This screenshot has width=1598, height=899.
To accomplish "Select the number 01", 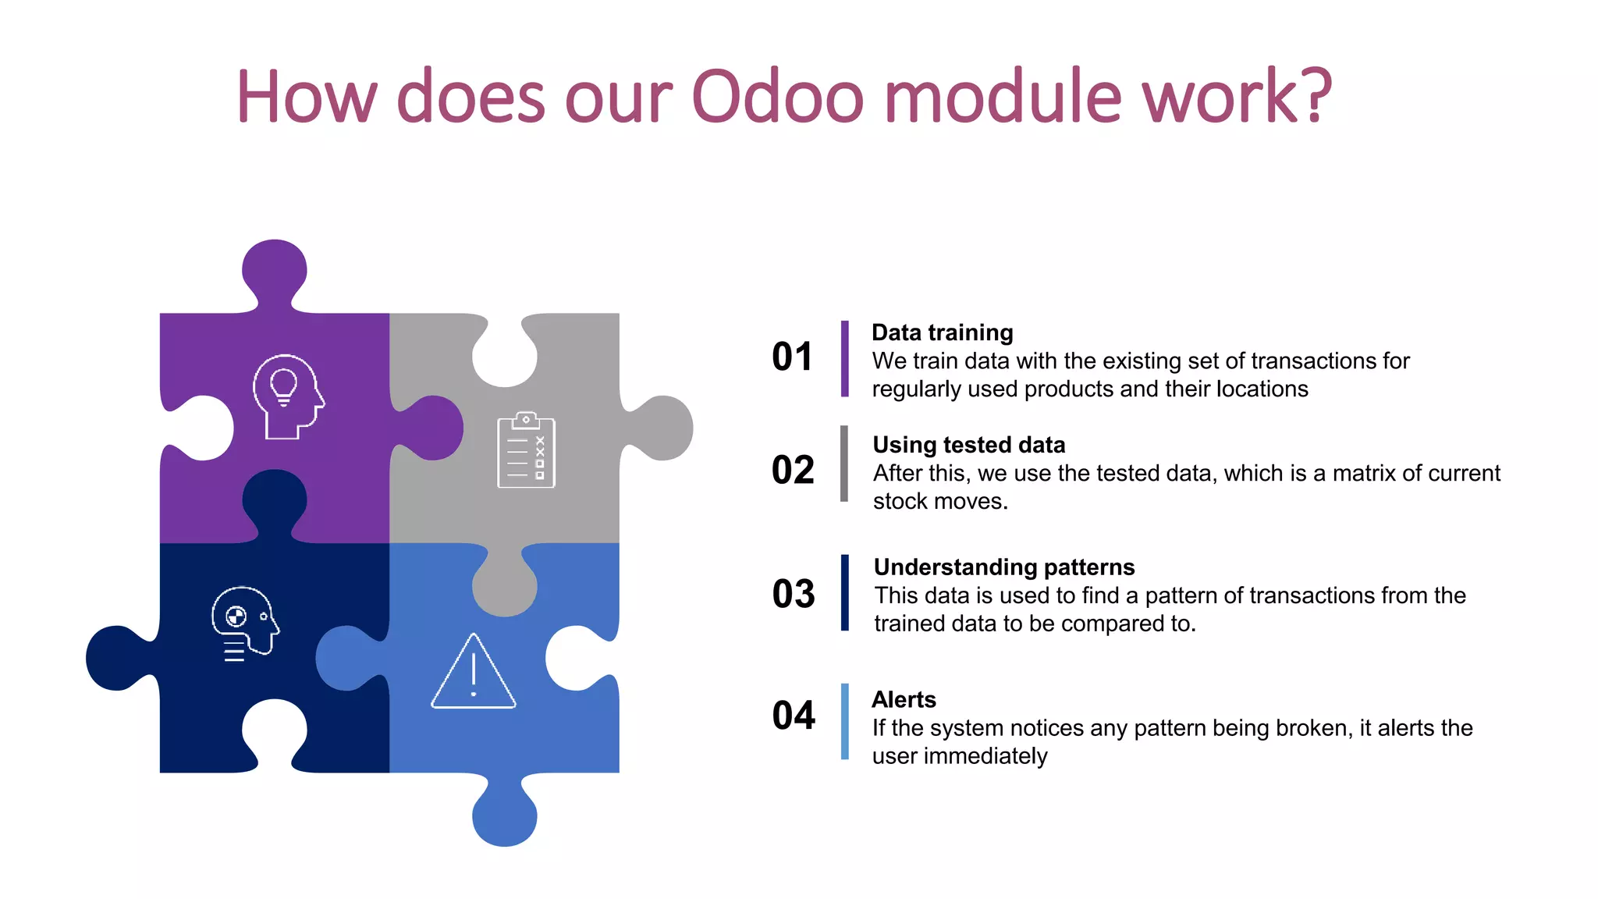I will [x=792, y=357].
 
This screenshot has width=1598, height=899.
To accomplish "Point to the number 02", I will [x=793, y=471].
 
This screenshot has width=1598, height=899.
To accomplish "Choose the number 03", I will [x=794, y=594].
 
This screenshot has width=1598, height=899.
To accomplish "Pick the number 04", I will [x=794, y=716].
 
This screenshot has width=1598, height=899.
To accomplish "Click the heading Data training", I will [x=942, y=332].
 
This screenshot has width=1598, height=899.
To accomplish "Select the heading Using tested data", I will [x=968, y=445].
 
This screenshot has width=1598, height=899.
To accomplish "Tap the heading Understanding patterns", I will [x=1004, y=567].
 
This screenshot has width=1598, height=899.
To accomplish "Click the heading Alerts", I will [x=904, y=699].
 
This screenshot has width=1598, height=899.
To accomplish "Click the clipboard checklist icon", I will [x=526, y=450].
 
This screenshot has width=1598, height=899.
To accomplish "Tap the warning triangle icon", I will [x=474, y=672].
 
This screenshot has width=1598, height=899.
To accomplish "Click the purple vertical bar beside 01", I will [x=844, y=359].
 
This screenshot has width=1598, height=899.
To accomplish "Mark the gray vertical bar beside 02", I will [x=844, y=464].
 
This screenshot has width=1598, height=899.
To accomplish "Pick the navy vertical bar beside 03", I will [x=844, y=592].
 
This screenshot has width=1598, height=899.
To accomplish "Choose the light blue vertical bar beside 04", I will [x=844, y=721].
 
